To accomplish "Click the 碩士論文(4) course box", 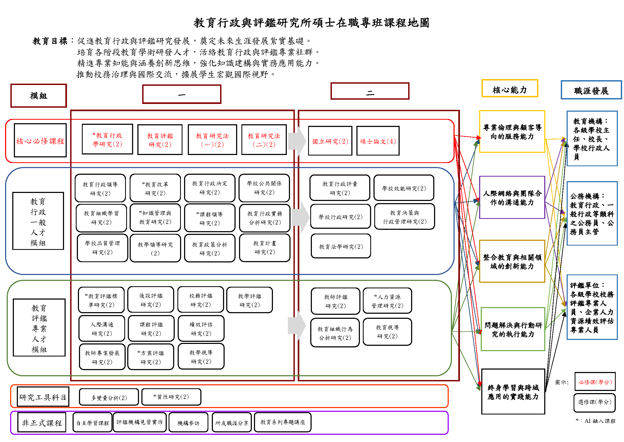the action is click(x=378, y=141).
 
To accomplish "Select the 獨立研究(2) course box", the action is click(x=330, y=141).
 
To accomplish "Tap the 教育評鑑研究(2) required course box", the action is click(x=160, y=139).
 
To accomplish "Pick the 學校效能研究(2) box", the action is click(x=404, y=188).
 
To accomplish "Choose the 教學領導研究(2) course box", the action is click(x=155, y=248).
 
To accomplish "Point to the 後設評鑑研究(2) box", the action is click(x=150, y=299).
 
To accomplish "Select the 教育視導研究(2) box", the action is click(x=387, y=331).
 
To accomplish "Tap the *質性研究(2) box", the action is click(x=171, y=397).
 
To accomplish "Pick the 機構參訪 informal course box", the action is click(x=188, y=422).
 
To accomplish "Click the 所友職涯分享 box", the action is click(x=232, y=422).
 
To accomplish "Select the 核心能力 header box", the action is click(x=510, y=88).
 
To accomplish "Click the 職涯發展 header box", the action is click(x=591, y=90).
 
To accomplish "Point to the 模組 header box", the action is click(x=39, y=95).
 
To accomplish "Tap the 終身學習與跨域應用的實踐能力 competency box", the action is click(x=513, y=391).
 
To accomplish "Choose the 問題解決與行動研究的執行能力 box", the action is click(x=513, y=329).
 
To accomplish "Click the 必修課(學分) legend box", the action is click(x=595, y=382).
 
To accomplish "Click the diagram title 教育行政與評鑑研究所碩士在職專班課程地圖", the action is click(x=311, y=23).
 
